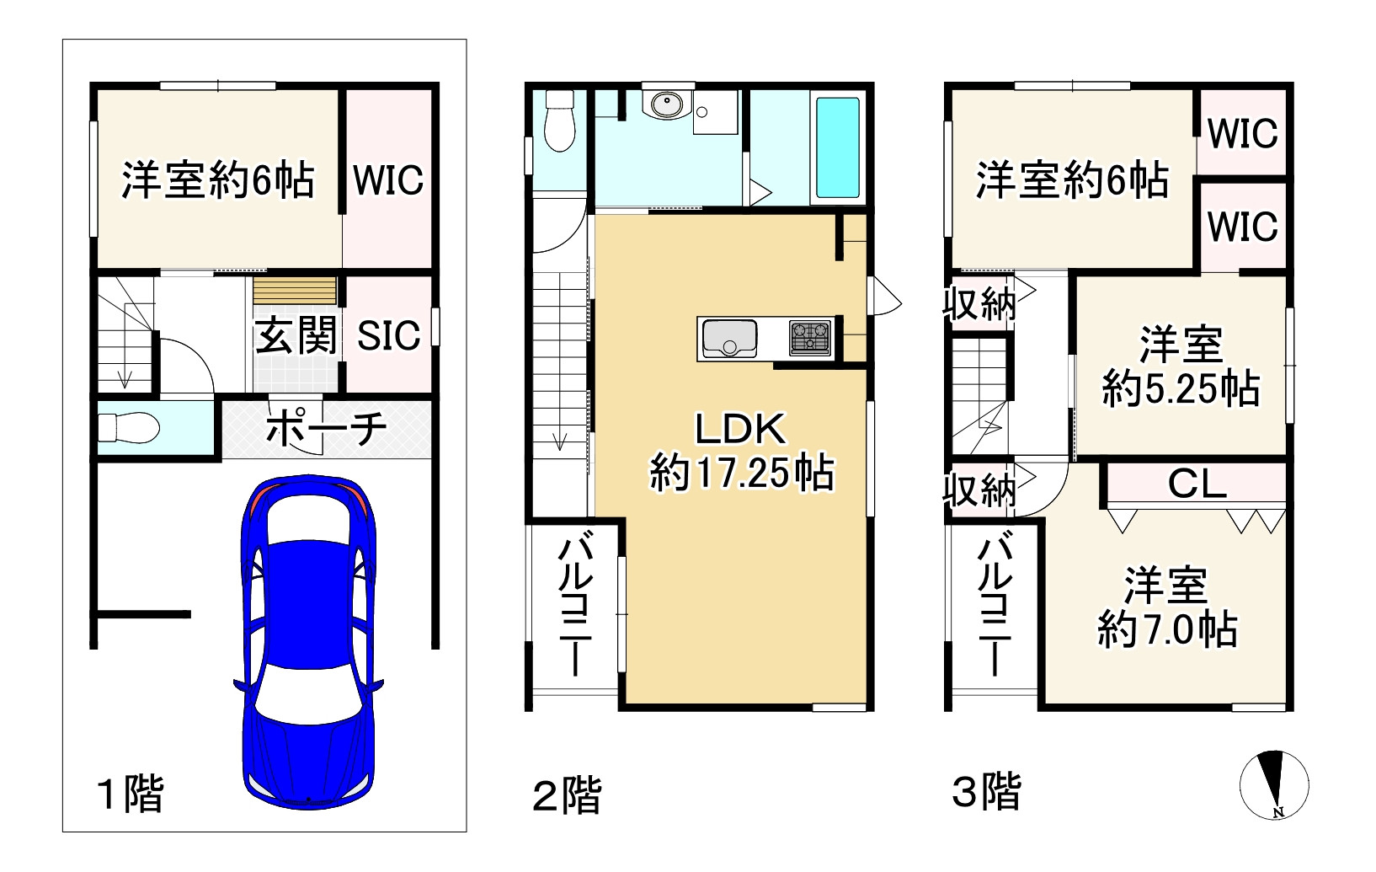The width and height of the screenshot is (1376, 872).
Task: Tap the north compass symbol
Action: point(1274,784)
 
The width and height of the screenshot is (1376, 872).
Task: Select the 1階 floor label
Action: point(131,794)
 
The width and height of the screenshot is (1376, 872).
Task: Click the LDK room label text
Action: point(740,428)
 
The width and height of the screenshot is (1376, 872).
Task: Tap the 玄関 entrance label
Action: point(296,335)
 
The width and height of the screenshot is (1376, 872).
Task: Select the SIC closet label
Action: point(389,335)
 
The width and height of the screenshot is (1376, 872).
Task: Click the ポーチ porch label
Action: point(326,427)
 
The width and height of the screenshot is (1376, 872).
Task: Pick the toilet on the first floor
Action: point(129,427)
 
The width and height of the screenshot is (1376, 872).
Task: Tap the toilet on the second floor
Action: point(560,121)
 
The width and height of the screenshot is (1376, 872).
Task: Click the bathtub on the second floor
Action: point(838,147)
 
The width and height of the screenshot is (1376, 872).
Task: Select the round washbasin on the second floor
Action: point(667,104)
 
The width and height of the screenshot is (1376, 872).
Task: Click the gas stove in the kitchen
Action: point(810,339)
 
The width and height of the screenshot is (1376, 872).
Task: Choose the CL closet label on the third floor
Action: point(1197,484)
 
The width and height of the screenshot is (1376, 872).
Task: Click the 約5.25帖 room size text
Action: point(1181,388)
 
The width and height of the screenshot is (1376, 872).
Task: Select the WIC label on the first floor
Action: point(388,179)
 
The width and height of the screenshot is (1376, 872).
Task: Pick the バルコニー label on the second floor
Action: point(575,603)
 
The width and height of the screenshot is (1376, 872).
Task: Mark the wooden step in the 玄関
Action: point(295,291)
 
